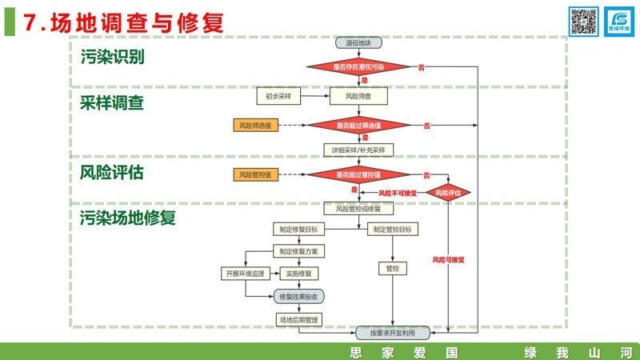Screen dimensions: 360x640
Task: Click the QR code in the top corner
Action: click(x=583, y=21)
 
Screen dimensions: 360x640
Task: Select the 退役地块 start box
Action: click(x=358, y=43)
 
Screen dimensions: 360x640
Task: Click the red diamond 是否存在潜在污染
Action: click(x=358, y=67)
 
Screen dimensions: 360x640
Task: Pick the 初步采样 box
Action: click(x=278, y=96)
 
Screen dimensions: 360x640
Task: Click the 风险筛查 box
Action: click(x=358, y=96)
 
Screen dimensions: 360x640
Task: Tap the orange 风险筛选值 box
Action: click(x=255, y=126)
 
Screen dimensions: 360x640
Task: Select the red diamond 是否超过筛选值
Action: click(x=358, y=126)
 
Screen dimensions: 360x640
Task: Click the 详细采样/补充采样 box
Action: click(x=358, y=150)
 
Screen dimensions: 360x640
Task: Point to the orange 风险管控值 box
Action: click(x=255, y=174)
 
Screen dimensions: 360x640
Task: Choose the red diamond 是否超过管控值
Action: click(x=358, y=174)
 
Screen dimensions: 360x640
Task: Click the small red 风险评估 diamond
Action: click(x=448, y=192)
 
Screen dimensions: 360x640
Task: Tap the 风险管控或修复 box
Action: click(x=358, y=209)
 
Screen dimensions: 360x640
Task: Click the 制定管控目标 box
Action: click(x=392, y=230)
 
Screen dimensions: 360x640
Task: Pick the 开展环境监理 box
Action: click(x=244, y=274)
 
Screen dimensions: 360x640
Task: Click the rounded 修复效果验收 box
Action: click(x=299, y=296)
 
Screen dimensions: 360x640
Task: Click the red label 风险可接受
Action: click(x=448, y=260)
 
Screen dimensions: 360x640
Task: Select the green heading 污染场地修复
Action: click(x=128, y=218)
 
